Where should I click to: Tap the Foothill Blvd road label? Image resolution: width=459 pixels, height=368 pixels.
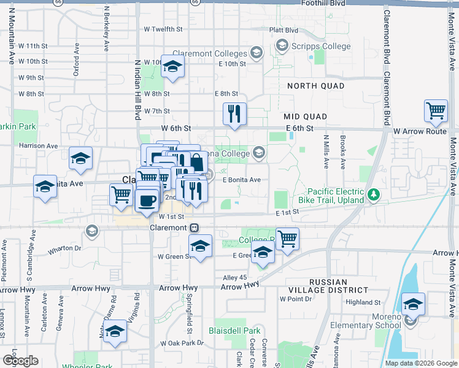(324, 4)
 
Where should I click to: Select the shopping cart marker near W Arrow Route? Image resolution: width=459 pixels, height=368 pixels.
(436, 112)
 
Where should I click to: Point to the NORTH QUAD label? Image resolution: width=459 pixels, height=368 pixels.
(315, 86)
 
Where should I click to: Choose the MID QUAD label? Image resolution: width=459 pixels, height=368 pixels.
(305, 116)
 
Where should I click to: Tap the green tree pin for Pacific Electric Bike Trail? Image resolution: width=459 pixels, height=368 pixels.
(374, 195)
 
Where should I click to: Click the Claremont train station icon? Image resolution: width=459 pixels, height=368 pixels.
(194, 228)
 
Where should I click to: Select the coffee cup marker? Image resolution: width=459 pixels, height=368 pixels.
(146, 201)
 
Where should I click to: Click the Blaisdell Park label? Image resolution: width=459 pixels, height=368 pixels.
(237, 330)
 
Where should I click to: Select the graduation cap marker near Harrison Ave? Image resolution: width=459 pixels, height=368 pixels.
(80, 160)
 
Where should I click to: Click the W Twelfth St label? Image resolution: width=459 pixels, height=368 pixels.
(163, 29)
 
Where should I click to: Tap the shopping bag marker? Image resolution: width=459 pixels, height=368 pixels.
(196, 163)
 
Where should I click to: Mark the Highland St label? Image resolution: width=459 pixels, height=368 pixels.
(363, 302)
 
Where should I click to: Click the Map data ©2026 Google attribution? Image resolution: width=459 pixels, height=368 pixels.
(420, 363)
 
